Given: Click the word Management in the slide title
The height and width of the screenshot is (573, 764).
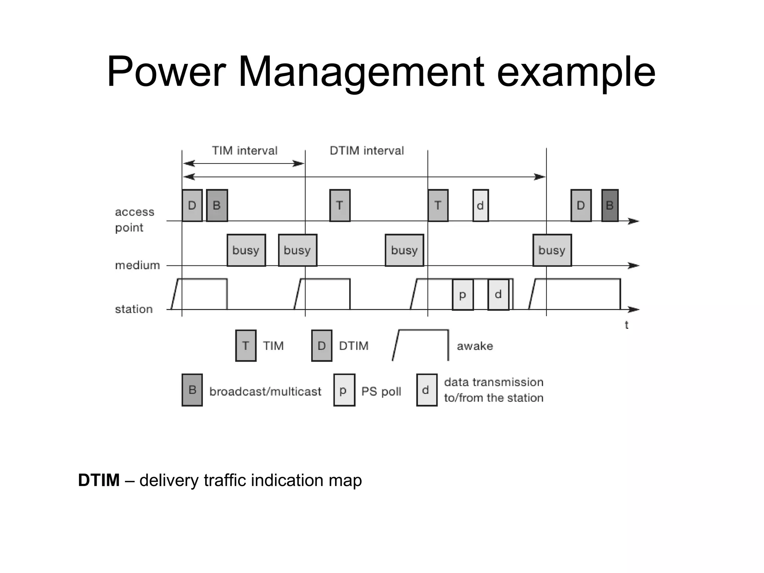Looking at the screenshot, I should [361, 72].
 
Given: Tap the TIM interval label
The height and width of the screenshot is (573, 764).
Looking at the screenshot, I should [245, 150].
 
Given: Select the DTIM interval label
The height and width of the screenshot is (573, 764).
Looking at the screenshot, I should [367, 150].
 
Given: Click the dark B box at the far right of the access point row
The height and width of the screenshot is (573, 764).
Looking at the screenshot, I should [610, 205].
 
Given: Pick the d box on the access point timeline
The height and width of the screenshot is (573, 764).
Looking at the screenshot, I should [480, 205].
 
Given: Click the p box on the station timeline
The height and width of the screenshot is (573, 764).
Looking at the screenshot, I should [463, 295].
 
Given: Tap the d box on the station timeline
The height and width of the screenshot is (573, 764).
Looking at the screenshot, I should [498, 295].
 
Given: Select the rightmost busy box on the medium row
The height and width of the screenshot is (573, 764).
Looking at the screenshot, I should [552, 250].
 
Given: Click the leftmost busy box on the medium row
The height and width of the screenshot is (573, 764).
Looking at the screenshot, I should [246, 250].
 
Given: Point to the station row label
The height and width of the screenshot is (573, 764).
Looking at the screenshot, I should [134, 309].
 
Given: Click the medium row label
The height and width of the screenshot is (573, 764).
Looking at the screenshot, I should [137, 265].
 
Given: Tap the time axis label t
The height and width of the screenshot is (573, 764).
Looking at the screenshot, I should [627, 325].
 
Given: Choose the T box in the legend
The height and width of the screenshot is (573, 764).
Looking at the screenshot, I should [246, 346].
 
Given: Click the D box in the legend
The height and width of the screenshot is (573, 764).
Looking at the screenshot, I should [322, 346].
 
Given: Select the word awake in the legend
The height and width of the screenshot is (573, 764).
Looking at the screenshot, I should [475, 346].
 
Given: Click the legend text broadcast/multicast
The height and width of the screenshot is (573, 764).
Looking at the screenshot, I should [265, 391].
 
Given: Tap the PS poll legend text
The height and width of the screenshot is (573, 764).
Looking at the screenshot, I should [381, 391].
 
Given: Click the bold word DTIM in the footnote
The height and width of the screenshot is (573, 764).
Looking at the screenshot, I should [99, 480].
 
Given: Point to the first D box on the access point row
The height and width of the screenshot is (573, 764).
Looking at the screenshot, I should [192, 205].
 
